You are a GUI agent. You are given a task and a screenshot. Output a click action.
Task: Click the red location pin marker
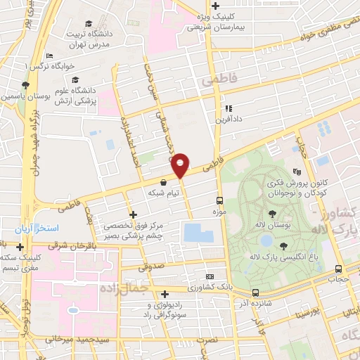point(180,165)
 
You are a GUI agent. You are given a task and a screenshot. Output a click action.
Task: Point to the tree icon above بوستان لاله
point(272,213)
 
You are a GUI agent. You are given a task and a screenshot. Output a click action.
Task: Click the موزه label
point(219,210)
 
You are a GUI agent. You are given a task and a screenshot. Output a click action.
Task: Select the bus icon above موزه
point(219,200)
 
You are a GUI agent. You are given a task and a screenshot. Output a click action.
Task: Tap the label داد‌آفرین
point(229,120)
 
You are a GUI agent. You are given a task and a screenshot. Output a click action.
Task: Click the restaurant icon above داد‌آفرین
point(229,108)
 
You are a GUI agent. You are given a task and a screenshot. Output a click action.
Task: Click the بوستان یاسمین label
point(26,94)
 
